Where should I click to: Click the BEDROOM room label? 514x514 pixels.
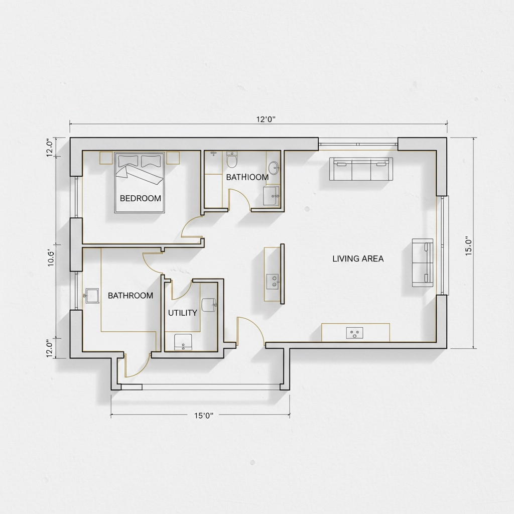[x=141, y=198]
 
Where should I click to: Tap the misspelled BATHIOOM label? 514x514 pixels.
[x=247, y=177]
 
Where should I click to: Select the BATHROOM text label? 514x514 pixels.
[x=131, y=296]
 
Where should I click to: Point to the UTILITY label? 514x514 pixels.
[x=182, y=313]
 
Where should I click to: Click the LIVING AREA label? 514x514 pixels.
[x=358, y=259]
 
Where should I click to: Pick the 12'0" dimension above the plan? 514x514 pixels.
[x=266, y=119]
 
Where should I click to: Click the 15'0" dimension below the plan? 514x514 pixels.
[x=204, y=415]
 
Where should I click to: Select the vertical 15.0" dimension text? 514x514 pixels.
[x=469, y=246]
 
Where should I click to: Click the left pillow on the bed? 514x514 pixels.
[x=127, y=161]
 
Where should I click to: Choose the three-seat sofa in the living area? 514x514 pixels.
[x=361, y=169]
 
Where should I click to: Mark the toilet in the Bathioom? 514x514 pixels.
[x=231, y=161]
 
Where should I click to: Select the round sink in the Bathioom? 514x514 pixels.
[x=273, y=166]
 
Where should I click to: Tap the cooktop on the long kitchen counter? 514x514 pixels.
[x=355, y=333]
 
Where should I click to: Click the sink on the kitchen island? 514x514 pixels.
[x=274, y=281]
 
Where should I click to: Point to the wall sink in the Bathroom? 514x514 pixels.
[x=92, y=295]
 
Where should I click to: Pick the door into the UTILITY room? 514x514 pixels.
[x=180, y=290]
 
